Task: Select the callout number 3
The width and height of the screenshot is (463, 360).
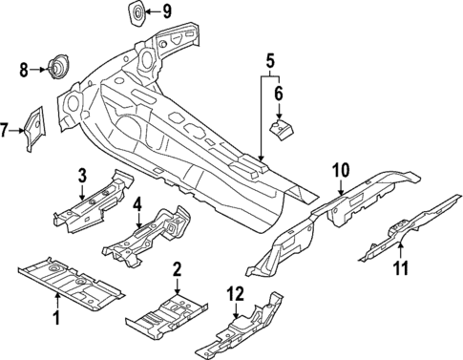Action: pyautogui.click(x=82, y=175)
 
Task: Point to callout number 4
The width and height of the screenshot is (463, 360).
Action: pyautogui.click(x=137, y=204)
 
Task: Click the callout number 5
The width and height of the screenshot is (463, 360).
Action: pyautogui.click(x=270, y=63)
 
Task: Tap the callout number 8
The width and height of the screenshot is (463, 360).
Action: pyautogui.click(x=25, y=69)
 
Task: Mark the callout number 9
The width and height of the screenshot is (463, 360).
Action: pyautogui.click(x=166, y=12)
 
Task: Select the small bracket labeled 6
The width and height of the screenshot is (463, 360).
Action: pyautogui.click(x=282, y=127)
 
